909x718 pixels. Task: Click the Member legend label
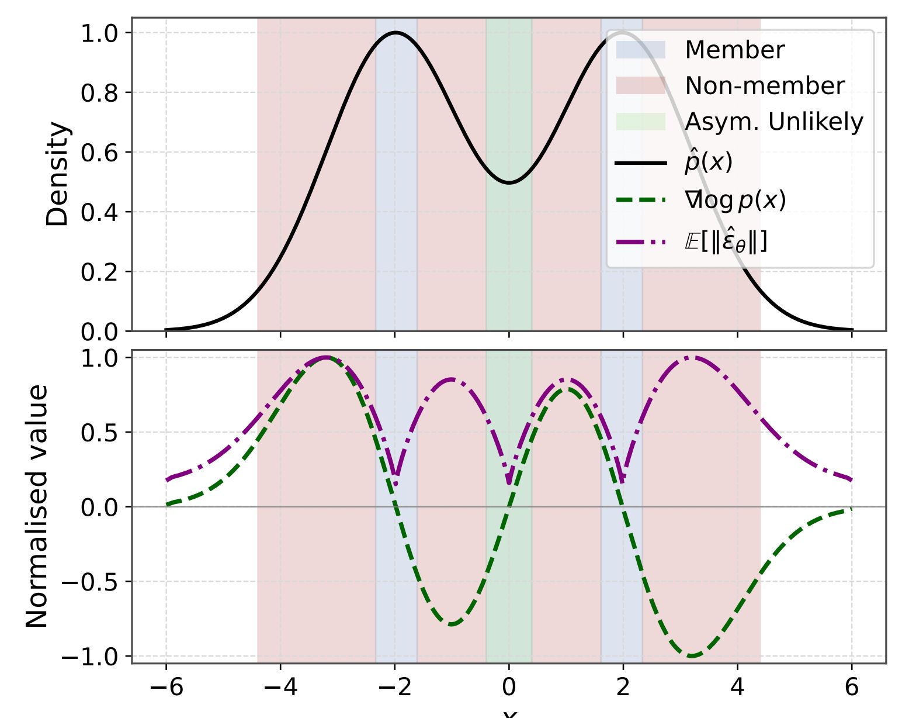coord(734,50)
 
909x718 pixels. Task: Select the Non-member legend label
coord(765,86)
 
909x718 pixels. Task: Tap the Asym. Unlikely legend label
coord(773,122)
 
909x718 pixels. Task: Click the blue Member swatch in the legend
coord(641,50)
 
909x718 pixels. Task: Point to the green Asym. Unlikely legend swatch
coord(641,122)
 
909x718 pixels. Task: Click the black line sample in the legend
coord(641,163)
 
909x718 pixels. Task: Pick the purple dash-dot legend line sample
coord(641,241)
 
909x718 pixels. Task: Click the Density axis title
coord(58,174)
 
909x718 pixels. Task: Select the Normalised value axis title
coord(37,506)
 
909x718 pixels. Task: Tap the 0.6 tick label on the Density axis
coord(98,153)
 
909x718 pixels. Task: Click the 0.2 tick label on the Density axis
coord(98,272)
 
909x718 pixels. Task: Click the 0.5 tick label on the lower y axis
coord(98,433)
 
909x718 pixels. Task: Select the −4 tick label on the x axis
coord(280,688)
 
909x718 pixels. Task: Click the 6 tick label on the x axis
coord(852,688)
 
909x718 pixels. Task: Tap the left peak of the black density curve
coord(395,33)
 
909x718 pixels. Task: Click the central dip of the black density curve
coord(509,182)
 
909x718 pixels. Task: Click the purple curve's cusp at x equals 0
coord(509,483)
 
